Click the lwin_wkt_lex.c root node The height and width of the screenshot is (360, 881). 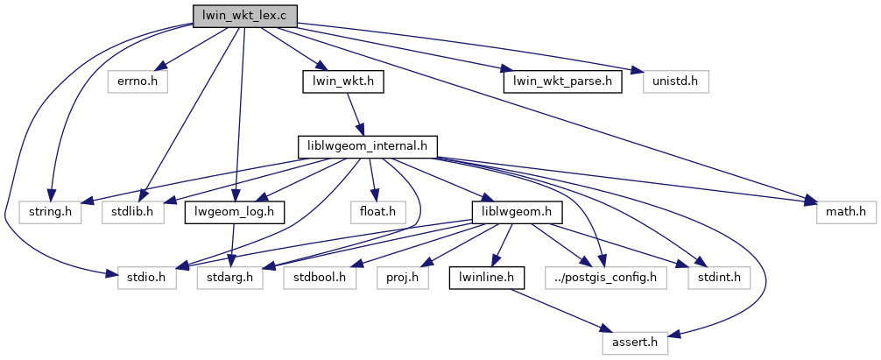click(244, 15)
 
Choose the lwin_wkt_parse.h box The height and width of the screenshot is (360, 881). click(562, 81)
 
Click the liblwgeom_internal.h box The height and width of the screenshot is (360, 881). click(367, 146)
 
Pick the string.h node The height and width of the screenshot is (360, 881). click(50, 212)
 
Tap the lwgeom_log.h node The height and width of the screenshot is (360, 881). click(234, 212)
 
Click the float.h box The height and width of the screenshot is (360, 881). click(377, 212)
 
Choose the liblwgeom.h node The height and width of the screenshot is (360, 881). click(516, 212)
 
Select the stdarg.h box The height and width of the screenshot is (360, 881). click(230, 278)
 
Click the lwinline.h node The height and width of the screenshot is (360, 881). click(486, 278)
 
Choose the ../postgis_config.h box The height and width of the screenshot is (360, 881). click(605, 278)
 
